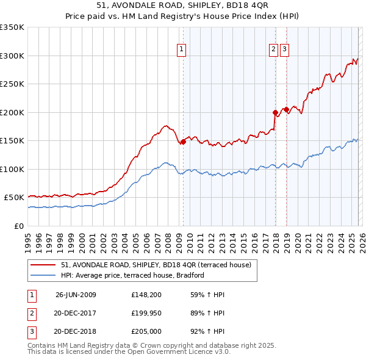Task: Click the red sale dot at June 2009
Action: (x=183, y=142)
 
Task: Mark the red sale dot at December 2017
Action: (x=275, y=112)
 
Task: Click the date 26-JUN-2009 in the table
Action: (x=76, y=295)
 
